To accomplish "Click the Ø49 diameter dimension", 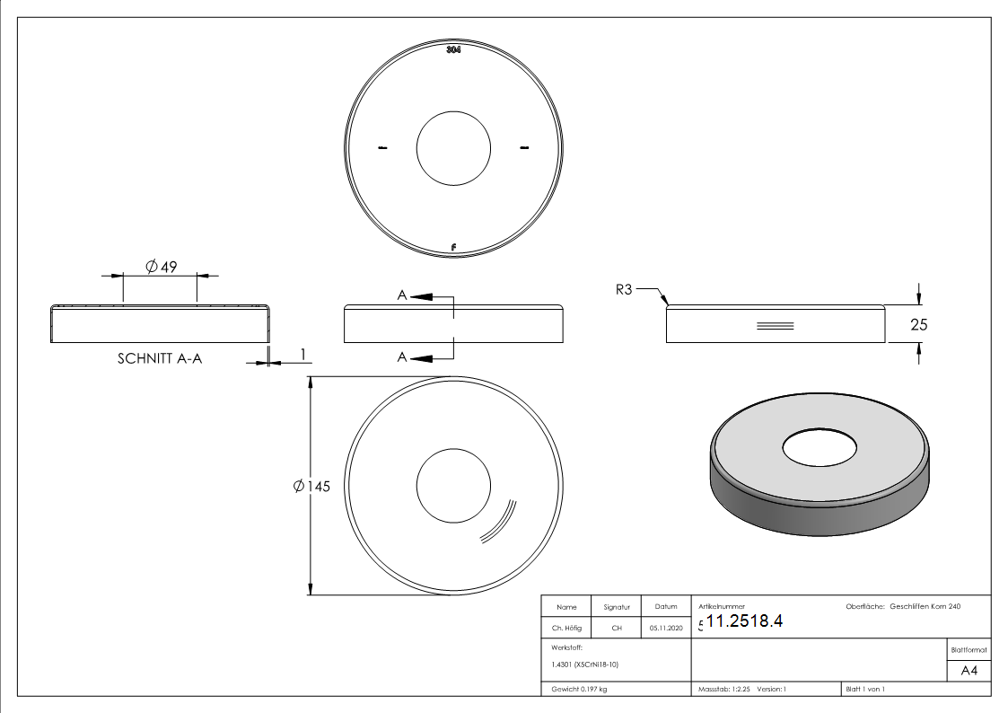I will (161, 267).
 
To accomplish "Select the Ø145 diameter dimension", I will (311, 486).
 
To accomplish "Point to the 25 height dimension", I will (918, 325).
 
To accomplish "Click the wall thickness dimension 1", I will (304, 356).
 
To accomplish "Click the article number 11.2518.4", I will (745, 621).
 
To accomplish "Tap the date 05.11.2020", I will (665, 628).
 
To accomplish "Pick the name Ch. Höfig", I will (566, 628).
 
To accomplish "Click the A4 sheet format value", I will (969, 670).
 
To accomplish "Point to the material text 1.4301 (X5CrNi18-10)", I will (584, 665).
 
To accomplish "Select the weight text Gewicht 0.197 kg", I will (579, 689).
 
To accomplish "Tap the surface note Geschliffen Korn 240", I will (925, 607).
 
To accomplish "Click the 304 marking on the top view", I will (453, 50).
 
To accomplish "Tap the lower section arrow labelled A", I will (422, 357).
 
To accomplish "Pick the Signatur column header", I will (617, 607).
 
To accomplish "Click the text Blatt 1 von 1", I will (865, 689).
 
